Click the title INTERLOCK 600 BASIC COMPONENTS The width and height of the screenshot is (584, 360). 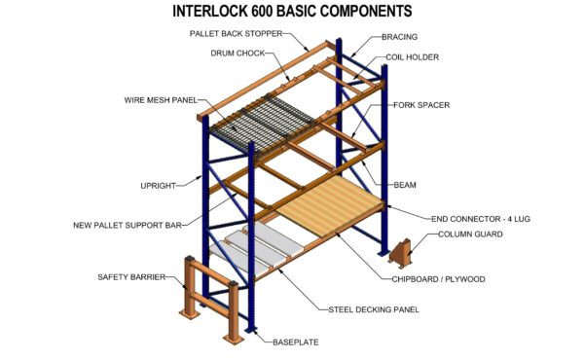[291, 13]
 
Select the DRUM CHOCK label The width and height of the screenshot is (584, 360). [240, 54]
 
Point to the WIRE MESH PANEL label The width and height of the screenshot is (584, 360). [160, 99]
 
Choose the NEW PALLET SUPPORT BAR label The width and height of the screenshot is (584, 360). [128, 225]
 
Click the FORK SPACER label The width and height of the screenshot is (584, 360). [420, 104]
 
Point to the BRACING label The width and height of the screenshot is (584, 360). [399, 37]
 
